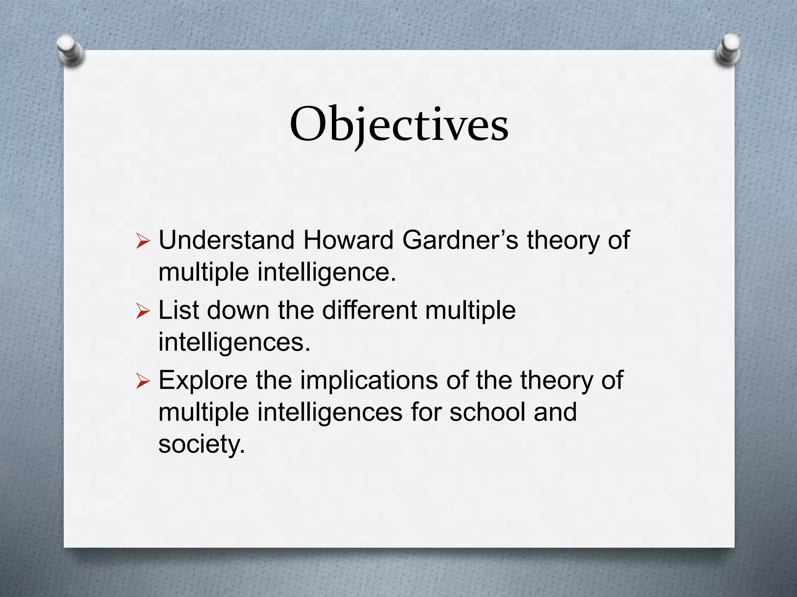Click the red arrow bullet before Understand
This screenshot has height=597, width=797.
coord(143,242)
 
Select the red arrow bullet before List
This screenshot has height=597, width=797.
coord(143,312)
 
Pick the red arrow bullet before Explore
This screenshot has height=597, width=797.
coord(143,382)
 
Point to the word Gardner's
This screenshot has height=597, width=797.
coord(460,240)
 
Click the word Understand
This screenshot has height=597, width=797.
coord(226,240)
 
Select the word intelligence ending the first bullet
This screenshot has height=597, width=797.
coord(327,272)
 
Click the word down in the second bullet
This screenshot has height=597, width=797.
coord(238,310)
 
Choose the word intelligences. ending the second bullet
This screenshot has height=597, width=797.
coord(234,343)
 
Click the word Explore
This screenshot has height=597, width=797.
coord(203,381)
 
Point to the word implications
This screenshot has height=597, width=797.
coord(369,380)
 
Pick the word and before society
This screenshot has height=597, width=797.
coord(555,412)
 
